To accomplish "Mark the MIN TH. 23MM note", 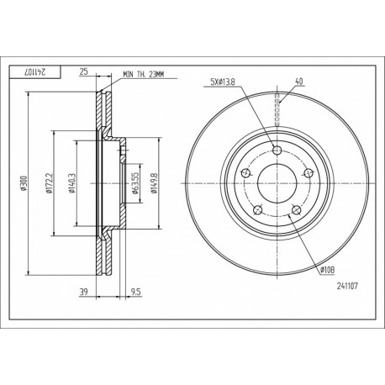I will (x=146, y=75).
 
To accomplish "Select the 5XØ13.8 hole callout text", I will (x=229, y=82).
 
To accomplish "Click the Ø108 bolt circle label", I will (x=327, y=268).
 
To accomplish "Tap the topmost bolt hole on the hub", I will (x=277, y=152).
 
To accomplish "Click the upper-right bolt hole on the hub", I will (x=305, y=172).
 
